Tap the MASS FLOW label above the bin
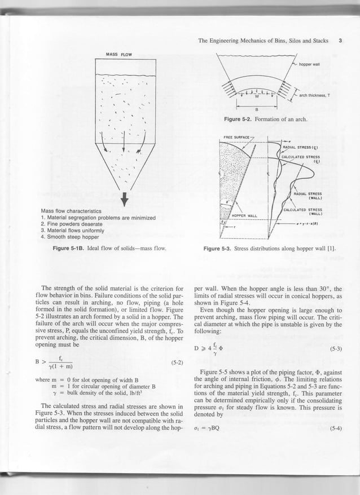click(x=118, y=54)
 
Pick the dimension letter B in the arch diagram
click(x=256, y=109)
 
